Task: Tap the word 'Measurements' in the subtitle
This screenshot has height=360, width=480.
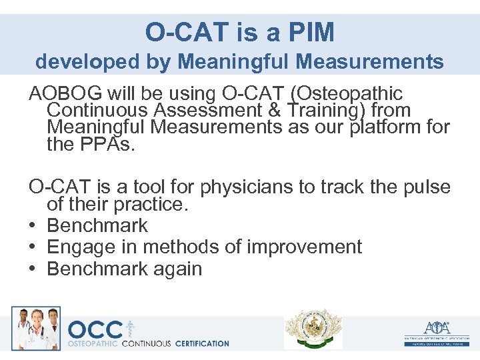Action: (370, 62)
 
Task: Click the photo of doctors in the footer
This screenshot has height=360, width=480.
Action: (36, 328)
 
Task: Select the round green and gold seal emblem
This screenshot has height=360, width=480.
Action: (313, 329)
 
